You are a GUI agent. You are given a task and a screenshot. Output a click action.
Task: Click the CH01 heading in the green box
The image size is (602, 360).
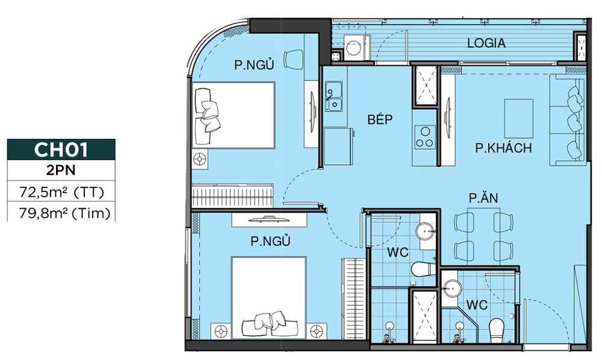click(x=61, y=149)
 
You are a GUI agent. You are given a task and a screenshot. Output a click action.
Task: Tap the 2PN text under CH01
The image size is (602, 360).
click(x=61, y=170)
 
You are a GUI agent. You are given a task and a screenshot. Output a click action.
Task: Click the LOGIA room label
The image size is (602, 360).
click(x=486, y=43)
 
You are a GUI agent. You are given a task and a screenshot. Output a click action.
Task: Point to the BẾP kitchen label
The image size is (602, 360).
click(x=380, y=119)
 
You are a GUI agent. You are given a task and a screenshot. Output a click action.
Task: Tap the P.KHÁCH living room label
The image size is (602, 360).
click(x=503, y=148)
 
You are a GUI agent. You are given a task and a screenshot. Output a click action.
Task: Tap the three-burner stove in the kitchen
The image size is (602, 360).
click(x=424, y=137)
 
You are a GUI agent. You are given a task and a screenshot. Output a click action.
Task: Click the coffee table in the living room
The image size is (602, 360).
click(x=519, y=118)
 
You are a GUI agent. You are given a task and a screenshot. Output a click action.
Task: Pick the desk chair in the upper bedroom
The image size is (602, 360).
click(x=294, y=59)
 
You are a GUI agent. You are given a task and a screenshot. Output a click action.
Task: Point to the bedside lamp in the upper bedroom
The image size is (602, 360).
click(x=200, y=159)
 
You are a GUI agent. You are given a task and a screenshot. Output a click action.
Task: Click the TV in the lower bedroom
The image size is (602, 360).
click(x=268, y=219)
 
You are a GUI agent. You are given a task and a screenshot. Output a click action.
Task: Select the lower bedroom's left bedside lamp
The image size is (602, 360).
click(x=220, y=331)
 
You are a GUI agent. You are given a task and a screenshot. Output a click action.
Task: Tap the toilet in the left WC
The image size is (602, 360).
click(x=423, y=268)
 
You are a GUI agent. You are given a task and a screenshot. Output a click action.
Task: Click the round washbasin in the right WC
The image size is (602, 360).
click(x=451, y=288)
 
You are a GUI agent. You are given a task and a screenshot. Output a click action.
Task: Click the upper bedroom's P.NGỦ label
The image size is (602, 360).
click(x=254, y=65)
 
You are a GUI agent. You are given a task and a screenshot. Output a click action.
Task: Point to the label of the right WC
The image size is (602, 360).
click(x=477, y=305)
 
